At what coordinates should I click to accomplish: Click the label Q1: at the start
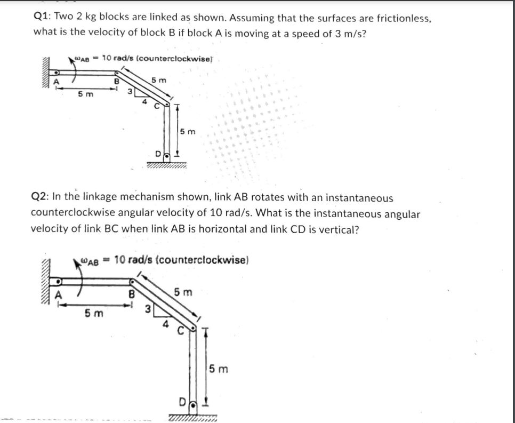click(x=42, y=18)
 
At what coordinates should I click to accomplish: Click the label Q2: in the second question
click(x=40, y=198)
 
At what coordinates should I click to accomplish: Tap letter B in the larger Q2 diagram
click(x=132, y=293)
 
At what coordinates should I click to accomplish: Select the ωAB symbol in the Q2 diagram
click(x=90, y=261)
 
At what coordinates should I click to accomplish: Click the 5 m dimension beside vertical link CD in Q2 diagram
click(x=218, y=369)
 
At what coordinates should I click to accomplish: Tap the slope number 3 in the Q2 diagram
click(x=149, y=308)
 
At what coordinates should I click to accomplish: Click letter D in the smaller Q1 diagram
click(x=158, y=154)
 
